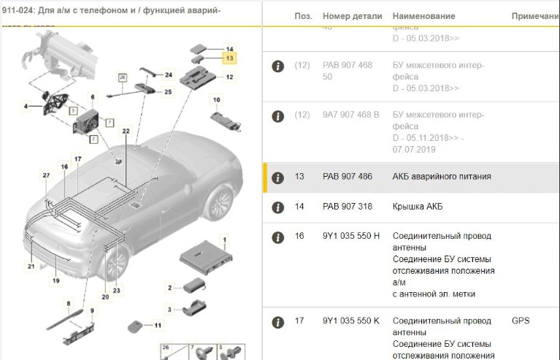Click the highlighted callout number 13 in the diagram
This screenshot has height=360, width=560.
point(229,57)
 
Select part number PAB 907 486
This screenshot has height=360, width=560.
point(348,177)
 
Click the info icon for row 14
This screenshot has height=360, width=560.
point(277,207)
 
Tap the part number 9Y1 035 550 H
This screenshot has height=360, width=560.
point(350,236)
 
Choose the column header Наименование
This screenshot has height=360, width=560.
point(423,16)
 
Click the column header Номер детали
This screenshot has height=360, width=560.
point(351,16)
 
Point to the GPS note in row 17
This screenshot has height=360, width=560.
point(521,321)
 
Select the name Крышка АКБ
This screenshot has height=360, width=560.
point(417,207)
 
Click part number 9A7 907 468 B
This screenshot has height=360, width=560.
point(350,115)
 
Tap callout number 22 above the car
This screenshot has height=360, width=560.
point(126,131)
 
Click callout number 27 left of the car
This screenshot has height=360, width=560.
point(46,176)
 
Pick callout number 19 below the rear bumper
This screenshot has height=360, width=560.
point(55,280)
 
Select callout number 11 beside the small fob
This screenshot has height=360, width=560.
point(158,324)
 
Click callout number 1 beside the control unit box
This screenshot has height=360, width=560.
point(225,240)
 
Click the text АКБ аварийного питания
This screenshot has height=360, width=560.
point(442,177)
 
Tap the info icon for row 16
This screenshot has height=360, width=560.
point(277,237)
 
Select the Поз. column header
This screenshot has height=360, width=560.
point(303,16)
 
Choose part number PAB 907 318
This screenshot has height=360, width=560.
point(348,207)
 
